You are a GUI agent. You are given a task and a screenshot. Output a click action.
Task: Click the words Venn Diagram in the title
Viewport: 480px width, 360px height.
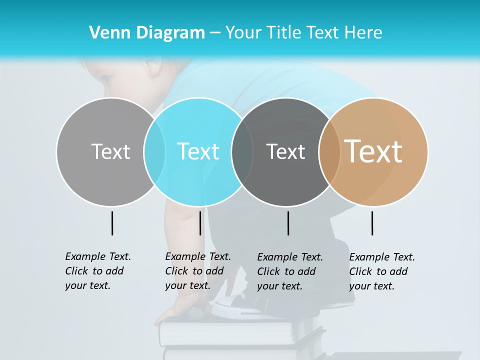click(x=147, y=33)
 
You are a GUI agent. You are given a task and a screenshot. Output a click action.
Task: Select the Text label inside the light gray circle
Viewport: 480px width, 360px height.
click(x=110, y=151)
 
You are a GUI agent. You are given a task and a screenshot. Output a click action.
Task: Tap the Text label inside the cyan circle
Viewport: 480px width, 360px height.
click(x=198, y=151)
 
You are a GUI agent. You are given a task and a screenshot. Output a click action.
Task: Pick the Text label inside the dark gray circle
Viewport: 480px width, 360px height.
click(x=285, y=151)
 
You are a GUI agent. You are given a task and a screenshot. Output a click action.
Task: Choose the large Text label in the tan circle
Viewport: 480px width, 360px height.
click(x=373, y=151)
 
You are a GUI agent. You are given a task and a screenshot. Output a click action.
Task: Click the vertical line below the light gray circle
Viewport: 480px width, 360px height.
click(x=112, y=223)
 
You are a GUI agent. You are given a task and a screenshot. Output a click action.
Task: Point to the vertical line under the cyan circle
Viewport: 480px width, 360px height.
click(x=200, y=223)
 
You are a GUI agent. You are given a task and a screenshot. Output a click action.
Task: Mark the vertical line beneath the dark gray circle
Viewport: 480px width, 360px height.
click(x=288, y=223)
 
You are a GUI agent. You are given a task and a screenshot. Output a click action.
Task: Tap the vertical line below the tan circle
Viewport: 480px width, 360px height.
click(x=372, y=223)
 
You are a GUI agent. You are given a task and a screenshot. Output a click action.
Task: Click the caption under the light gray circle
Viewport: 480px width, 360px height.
click(x=97, y=271)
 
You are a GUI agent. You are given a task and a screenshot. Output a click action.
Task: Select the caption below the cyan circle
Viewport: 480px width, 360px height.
click(x=197, y=271)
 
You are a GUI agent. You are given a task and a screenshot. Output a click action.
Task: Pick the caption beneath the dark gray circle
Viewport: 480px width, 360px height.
click(x=289, y=271)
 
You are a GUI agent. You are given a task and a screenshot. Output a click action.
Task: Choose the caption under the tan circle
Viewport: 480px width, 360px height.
click(x=381, y=271)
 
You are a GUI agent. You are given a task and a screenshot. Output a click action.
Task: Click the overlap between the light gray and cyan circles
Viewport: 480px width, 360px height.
click(x=154, y=151)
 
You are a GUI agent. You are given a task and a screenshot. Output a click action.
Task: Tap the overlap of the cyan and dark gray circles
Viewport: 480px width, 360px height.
click(x=242, y=151)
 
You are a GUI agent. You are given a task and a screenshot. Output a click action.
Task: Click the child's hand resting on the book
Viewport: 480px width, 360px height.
click(x=182, y=310)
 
